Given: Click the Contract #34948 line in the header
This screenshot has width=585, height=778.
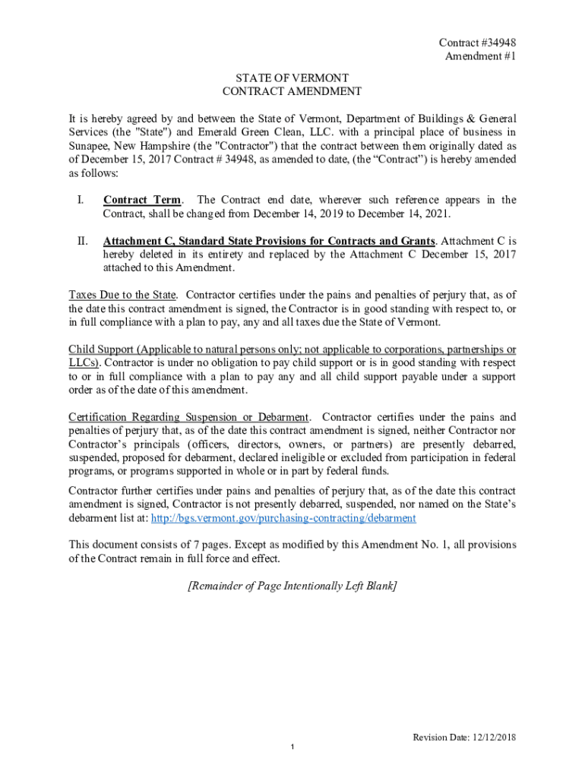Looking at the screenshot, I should pyautogui.click(x=473, y=43).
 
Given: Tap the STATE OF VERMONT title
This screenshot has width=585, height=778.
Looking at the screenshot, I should pyautogui.click(x=292, y=78).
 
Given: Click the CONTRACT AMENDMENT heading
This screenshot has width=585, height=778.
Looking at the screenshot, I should pyautogui.click(x=292, y=92).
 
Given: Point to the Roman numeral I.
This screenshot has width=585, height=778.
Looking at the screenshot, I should pyautogui.click(x=80, y=201).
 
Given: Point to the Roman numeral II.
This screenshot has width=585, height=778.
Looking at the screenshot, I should pyautogui.click(x=81, y=242).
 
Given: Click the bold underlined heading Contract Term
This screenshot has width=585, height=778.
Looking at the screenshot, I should pyautogui.click(x=142, y=201).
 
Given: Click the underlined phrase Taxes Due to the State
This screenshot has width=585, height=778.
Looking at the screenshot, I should pyautogui.click(x=122, y=295).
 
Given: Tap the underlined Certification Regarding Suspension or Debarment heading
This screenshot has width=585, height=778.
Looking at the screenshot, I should pyautogui.click(x=189, y=417).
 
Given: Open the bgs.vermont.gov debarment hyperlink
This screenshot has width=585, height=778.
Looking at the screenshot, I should pyautogui.click(x=284, y=518).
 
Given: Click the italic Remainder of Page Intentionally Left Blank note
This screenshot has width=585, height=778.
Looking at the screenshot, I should pyautogui.click(x=292, y=586).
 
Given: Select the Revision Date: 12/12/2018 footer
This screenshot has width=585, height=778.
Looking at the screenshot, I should pyautogui.click(x=464, y=738).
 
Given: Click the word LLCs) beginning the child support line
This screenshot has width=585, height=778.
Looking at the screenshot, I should pyautogui.click(x=84, y=363).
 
